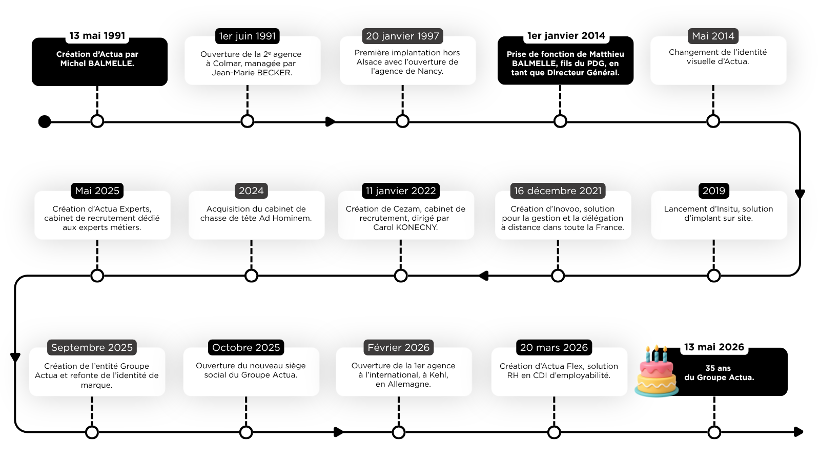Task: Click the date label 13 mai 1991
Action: tap(97, 35)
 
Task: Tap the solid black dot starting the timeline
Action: tap(45, 121)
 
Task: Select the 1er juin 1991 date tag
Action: tap(248, 36)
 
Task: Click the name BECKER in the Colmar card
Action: tap(274, 72)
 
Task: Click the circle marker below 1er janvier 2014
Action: tap(560, 121)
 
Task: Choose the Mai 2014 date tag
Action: tap(713, 36)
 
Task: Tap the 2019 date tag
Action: tap(714, 191)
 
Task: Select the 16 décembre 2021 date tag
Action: tap(558, 191)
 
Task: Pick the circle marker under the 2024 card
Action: tap(251, 276)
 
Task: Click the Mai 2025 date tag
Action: tap(97, 191)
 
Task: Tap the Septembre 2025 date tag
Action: tap(92, 347)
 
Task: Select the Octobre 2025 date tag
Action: tap(246, 347)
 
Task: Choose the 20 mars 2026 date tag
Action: tap(554, 347)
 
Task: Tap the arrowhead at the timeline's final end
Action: tap(799, 432)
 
